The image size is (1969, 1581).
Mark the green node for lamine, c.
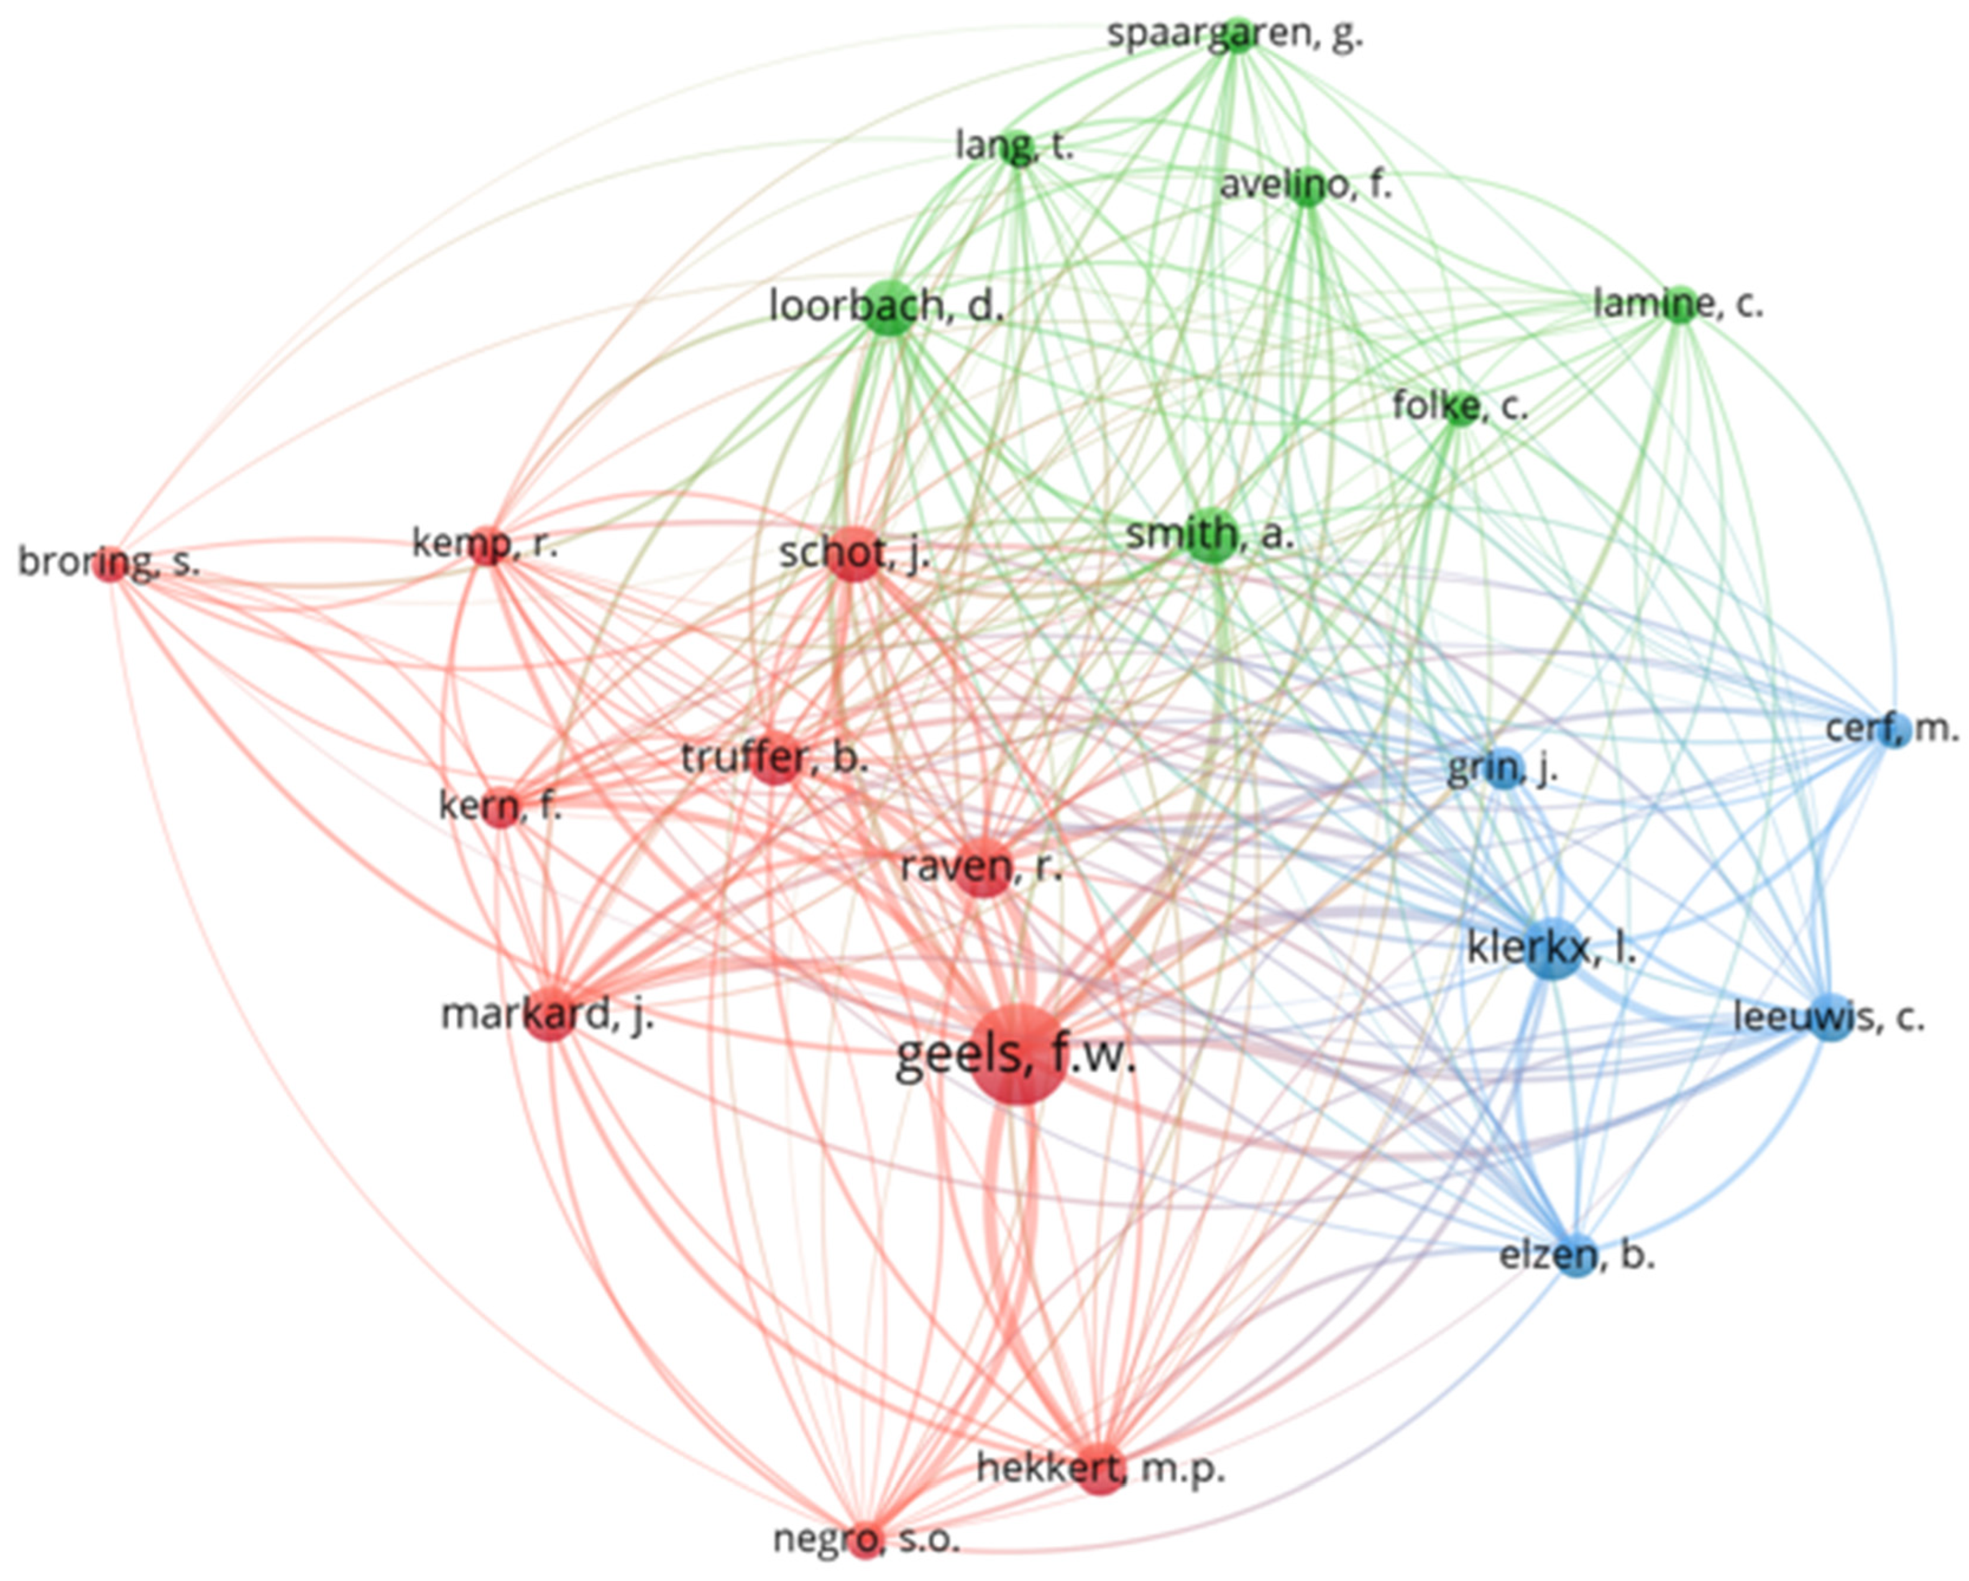pos(1679,304)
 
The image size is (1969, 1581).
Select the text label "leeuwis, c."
pos(1829,1016)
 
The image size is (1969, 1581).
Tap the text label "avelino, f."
pos(1306,185)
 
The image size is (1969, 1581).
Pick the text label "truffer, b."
pos(774,758)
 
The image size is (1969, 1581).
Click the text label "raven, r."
pos(982,867)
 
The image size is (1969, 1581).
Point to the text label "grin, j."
pos(1502,770)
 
